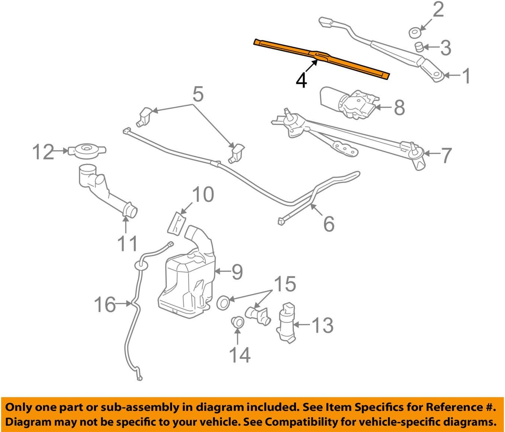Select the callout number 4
[x=301, y=80]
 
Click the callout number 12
[x=43, y=152]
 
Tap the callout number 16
[x=105, y=304]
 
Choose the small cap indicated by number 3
[x=419, y=47]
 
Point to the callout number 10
[x=203, y=195]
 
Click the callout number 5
[x=198, y=94]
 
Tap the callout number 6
[x=329, y=224]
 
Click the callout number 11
[x=127, y=244]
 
